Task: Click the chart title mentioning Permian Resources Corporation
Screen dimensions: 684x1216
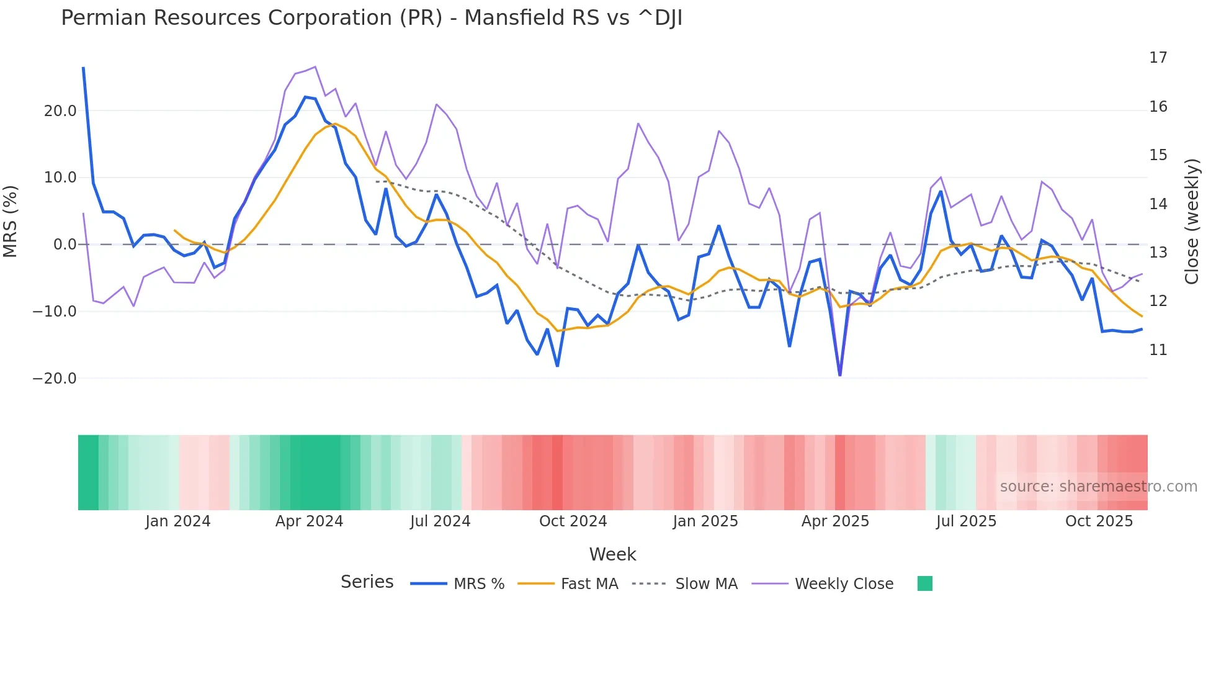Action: [x=371, y=18]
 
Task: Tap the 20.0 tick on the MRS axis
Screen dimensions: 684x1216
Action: [x=60, y=111]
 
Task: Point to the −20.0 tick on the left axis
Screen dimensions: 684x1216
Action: [x=55, y=379]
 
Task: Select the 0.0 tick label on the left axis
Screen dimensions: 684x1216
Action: [x=65, y=245]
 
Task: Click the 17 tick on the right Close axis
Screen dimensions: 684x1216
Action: [x=1158, y=58]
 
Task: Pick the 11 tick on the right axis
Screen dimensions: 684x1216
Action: [x=1158, y=350]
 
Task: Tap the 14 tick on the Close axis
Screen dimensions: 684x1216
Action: [x=1158, y=204]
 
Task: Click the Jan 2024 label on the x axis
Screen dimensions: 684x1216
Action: [x=178, y=521]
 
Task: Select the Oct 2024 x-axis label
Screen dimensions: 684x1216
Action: [x=573, y=521]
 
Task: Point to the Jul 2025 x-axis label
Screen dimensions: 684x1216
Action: [x=966, y=521]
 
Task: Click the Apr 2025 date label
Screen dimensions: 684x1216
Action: [x=835, y=521]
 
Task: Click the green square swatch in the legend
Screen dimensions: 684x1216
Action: [x=924, y=583]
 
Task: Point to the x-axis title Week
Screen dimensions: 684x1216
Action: [x=612, y=554]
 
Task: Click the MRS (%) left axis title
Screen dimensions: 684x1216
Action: [x=11, y=221]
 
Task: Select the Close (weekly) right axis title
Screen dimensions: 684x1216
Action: [x=1191, y=221]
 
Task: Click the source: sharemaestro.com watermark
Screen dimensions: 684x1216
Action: [x=1098, y=487]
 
